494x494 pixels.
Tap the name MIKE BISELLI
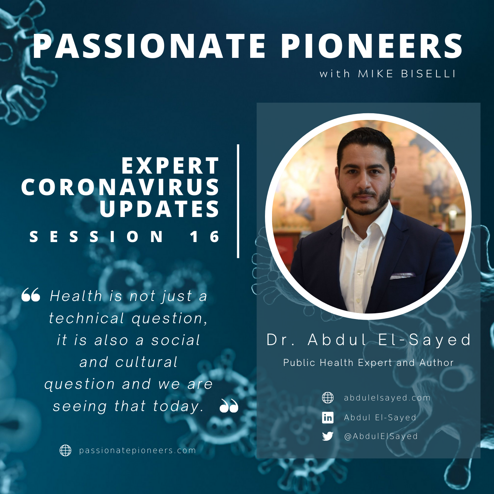pyautogui.click(x=406, y=74)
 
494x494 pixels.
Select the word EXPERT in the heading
pyautogui.click(x=170, y=165)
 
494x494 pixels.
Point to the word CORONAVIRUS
pyautogui.click(x=120, y=187)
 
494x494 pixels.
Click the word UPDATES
pyautogui.click(x=159, y=209)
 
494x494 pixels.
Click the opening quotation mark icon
pyautogui.click(x=31, y=294)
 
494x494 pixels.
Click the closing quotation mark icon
pyautogui.click(x=229, y=405)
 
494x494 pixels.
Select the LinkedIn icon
pyautogui.click(x=327, y=417)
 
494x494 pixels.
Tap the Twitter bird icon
pyautogui.click(x=327, y=436)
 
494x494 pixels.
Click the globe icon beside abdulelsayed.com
pyautogui.click(x=327, y=398)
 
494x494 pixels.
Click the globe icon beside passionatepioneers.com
pyautogui.click(x=65, y=450)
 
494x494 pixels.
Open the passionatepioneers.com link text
pyautogui.click(x=138, y=450)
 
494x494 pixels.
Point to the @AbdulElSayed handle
pyautogui.click(x=381, y=436)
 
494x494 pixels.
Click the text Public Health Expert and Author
pyautogui.click(x=368, y=362)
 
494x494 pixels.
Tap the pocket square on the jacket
pyautogui.click(x=402, y=276)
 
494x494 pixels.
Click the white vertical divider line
pyautogui.click(x=238, y=201)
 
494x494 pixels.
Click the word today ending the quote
pyautogui.click(x=176, y=406)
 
